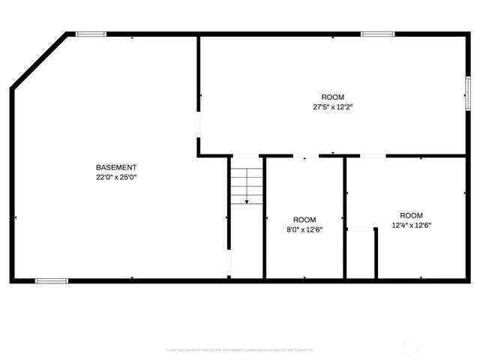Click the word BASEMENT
click(116, 166)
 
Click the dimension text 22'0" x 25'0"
click(116, 177)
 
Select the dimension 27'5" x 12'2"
click(333, 107)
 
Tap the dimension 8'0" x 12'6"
click(304, 229)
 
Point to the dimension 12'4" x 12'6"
click(411, 225)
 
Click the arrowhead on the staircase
click(247, 201)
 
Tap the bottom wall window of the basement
click(51, 280)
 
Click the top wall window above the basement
click(91, 34)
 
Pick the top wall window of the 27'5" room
click(377, 34)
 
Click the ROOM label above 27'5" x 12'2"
click(333, 97)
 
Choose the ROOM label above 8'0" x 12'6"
click(304, 220)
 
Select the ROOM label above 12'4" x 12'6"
click(411, 215)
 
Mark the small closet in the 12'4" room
click(361, 253)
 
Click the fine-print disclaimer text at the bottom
click(239, 350)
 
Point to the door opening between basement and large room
click(199, 124)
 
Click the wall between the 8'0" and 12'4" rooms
click(345, 217)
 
